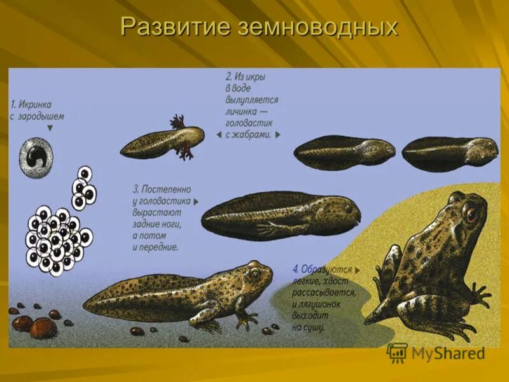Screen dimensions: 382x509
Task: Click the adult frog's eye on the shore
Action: point(471,213)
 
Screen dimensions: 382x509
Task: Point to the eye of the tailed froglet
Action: point(254,274)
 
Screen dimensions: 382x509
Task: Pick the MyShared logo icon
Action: point(397,353)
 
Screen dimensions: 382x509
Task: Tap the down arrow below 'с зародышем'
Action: point(50,128)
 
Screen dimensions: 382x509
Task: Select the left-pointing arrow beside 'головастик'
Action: point(219,135)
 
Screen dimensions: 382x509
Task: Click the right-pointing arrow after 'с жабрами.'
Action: point(278,135)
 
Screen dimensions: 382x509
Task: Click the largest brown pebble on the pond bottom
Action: point(43,328)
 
